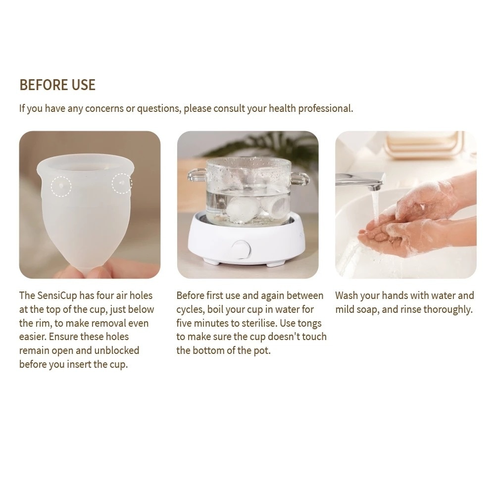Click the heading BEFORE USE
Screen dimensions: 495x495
(57, 85)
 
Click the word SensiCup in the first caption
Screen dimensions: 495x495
(57, 296)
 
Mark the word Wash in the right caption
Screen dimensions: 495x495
(346, 296)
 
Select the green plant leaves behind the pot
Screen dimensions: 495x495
(277, 146)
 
